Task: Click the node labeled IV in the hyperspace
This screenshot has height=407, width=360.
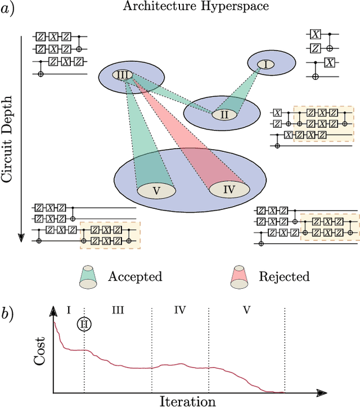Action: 229,189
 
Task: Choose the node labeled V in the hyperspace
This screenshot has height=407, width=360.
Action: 156,190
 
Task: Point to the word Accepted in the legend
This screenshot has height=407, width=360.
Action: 135,276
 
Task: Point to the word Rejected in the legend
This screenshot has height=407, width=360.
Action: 284,276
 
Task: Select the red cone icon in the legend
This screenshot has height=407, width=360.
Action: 239,276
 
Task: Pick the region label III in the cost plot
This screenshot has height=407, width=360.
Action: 118,310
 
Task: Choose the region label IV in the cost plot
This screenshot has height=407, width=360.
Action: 180,310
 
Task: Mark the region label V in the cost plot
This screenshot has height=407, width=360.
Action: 246,310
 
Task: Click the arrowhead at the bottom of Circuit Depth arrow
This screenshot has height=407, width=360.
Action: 21,236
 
